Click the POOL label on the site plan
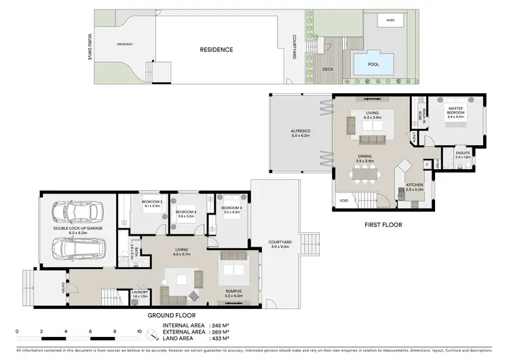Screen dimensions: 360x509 (x=373, y=65)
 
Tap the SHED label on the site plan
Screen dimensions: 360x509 (x=390, y=21)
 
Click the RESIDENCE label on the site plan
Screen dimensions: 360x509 (x=216, y=50)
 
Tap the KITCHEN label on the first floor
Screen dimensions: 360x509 (x=414, y=187)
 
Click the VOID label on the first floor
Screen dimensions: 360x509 (x=343, y=201)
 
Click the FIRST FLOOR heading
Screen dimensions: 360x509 (x=383, y=224)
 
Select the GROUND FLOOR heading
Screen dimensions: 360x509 (x=173, y=315)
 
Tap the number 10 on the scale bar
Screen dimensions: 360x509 (x=138, y=332)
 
